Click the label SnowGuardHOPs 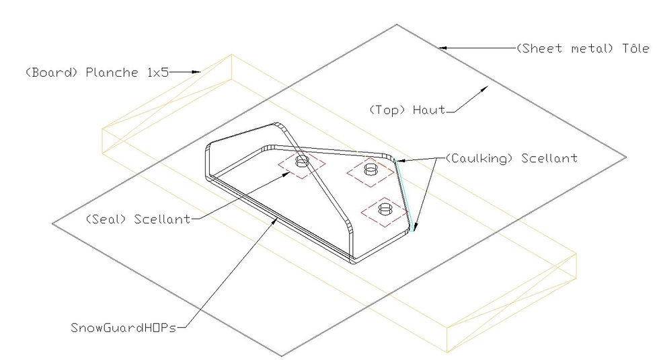point(124,328)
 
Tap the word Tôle point(635,48)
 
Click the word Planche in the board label point(112,73)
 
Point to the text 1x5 point(158,73)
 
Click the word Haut point(429,110)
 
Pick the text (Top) point(387,110)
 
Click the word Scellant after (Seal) point(162,219)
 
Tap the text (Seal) point(106,219)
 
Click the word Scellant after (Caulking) point(549,158)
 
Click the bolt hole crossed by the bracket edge point(302,161)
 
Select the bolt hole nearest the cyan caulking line point(385,209)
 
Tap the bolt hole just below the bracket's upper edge point(371,170)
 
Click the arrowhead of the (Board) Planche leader point(196,72)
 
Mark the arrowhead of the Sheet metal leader point(443,48)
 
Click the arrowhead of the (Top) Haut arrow point(485,89)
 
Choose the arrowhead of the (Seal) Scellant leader point(286,174)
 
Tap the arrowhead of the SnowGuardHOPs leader point(275,221)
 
